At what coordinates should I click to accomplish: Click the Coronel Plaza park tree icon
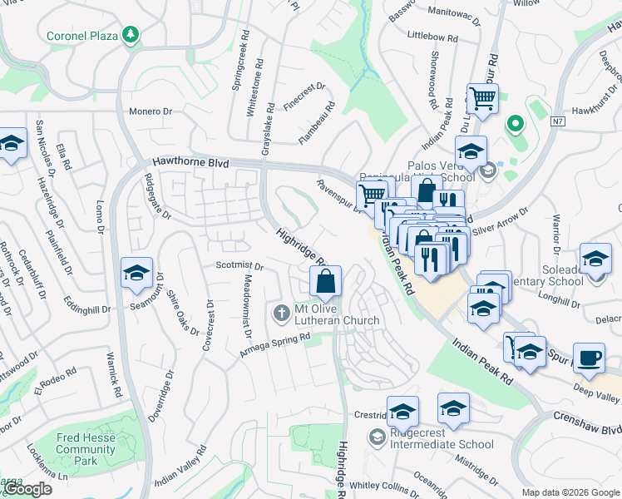coord(130,34)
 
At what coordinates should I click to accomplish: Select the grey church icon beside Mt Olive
coord(280,312)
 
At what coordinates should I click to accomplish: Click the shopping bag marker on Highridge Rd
coord(325,282)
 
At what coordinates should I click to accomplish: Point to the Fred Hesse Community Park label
coord(86,449)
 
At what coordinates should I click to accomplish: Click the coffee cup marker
coord(590,358)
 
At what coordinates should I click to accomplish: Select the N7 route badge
coord(558,122)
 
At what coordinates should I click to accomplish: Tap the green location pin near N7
coord(514,125)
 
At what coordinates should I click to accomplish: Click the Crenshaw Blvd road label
coord(587,422)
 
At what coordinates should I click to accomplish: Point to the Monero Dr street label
coord(150,111)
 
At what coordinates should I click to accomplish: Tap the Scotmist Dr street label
coord(239,267)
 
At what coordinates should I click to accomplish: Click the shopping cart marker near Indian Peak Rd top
coord(482,99)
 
